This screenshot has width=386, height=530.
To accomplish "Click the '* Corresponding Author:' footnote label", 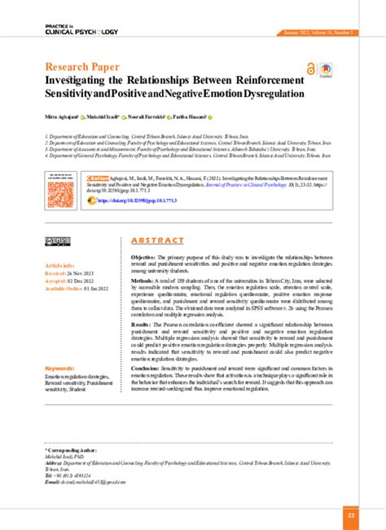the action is [x=71, y=449].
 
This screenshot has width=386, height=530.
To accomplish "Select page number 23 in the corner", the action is [x=351, y=514].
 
